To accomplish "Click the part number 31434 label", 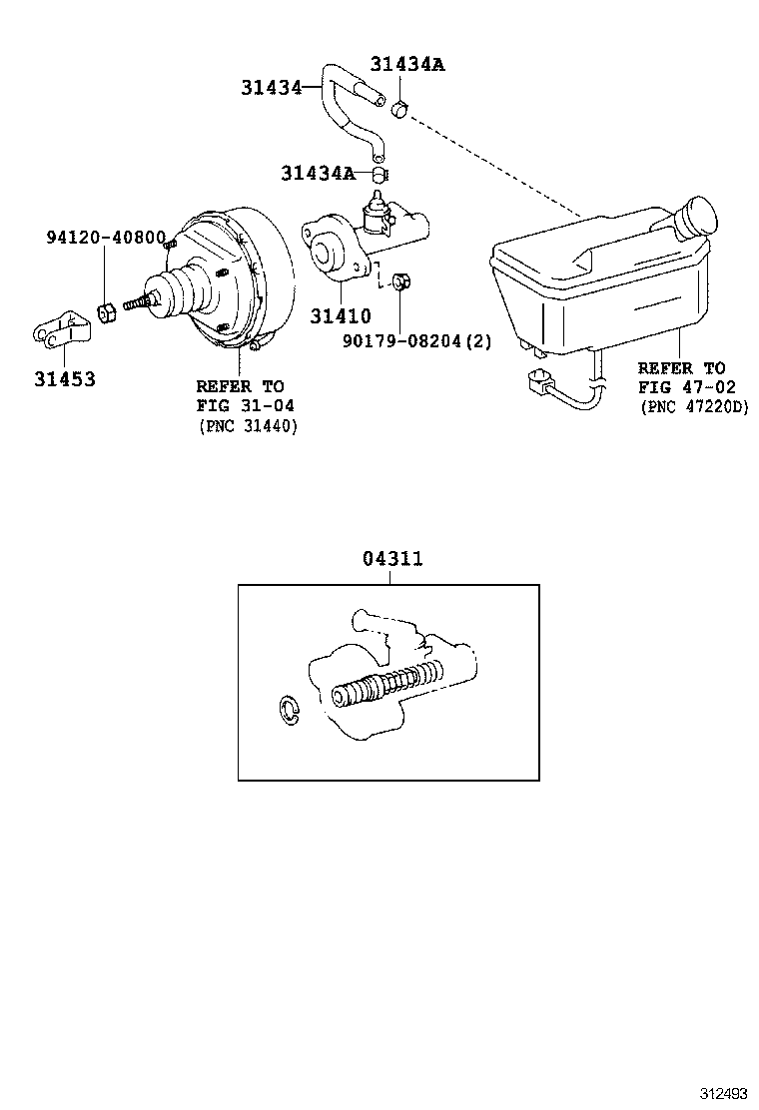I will (x=270, y=88).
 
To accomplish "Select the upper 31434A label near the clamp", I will (x=406, y=65).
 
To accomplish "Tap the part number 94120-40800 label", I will (x=106, y=238).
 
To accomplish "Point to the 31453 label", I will (x=65, y=379).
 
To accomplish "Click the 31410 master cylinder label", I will (x=340, y=316).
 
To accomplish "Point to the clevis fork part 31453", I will (x=58, y=328).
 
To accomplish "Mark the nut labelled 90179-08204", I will (x=399, y=280).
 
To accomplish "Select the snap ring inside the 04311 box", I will (x=287, y=710).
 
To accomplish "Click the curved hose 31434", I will (x=345, y=110).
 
